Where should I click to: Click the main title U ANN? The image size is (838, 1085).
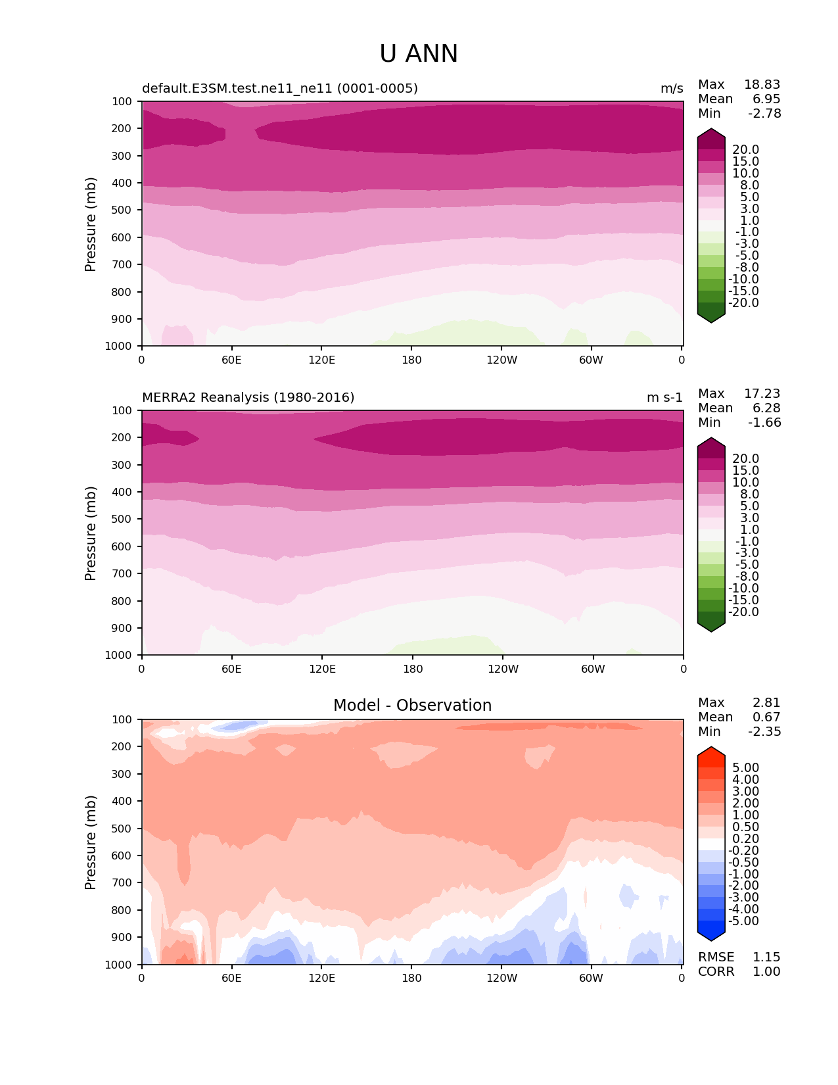tap(419, 54)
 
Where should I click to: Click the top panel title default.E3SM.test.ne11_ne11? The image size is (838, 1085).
tap(280, 88)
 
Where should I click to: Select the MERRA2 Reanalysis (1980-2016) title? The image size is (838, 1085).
tap(248, 397)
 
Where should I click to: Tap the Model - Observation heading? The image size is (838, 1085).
tap(412, 706)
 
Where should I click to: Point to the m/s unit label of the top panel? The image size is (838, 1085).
tap(672, 89)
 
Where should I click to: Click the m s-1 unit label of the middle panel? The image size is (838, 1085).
tap(664, 398)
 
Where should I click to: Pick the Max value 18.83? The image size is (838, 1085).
tap(762, 84)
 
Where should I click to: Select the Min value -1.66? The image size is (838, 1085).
tap(764, 422)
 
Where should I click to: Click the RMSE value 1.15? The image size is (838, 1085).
tap(766, 957)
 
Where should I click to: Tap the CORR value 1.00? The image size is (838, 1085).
tap(766, 971)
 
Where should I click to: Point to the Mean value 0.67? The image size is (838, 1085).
tap(766, 717)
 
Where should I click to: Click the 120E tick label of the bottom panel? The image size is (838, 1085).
tap(322, 978)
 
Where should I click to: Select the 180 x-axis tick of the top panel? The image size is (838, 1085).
tap(411, 360)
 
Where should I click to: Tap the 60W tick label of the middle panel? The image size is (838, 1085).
tap(593, 669)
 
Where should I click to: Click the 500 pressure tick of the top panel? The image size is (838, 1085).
tap(123, 210)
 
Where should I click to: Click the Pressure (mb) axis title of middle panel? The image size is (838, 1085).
tap(91, 533)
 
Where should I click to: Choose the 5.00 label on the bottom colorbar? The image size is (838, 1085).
tap(745, 767)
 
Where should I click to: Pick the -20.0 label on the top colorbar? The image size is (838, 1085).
tap(743, 302)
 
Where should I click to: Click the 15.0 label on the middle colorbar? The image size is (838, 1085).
tap(745, 470)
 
